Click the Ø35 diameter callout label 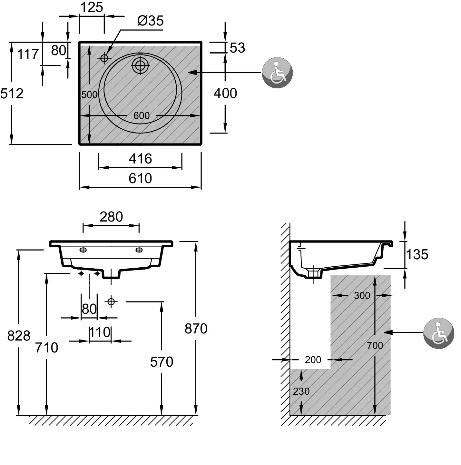point(151,21)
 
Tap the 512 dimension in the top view point(12,94)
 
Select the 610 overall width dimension point(140,178)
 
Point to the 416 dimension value point(140,159)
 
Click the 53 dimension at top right point(237,48)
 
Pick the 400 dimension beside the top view point(225,94)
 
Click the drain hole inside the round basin point(140,65)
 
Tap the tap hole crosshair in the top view point(104,58)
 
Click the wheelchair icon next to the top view point(277,73)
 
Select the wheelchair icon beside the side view point(438,333)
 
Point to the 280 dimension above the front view point(111,217)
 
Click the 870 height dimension point(196,329)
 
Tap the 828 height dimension point(19,336)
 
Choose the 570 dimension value point(162,362)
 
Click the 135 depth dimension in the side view point(417,255)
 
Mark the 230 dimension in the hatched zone point(301,391)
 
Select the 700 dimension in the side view point(375,346)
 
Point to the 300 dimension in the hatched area point(362,296)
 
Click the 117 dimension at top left point(28,54)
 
